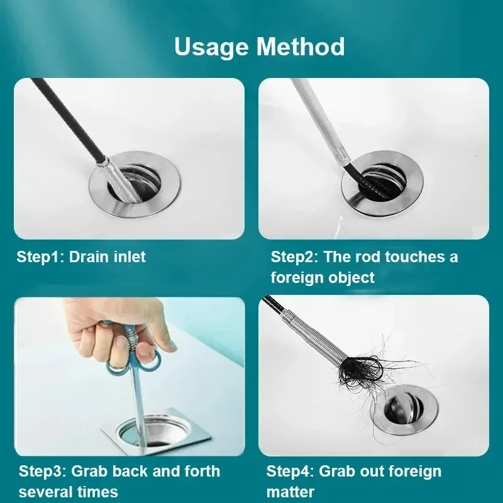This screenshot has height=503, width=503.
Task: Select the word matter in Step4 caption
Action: coord(290,491)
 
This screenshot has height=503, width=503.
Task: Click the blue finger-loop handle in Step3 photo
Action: coord(135,365)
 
